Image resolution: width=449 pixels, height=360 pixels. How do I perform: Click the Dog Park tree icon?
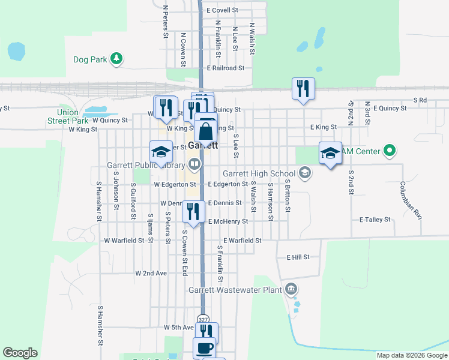point(116,59)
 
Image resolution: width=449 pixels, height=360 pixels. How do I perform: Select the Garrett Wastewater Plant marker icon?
point(292,289)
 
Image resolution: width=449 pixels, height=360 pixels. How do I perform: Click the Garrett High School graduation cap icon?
point(306,173)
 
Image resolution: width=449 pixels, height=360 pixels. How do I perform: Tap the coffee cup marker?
point(204,347)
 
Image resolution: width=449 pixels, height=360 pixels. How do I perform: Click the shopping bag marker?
point(205,131)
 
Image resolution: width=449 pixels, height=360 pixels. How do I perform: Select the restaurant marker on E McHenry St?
point(193,211)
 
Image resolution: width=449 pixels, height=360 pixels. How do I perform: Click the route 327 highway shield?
point(204,320)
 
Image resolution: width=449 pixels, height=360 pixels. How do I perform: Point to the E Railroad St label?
point(225,68)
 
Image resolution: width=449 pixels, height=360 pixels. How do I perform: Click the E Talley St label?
point(375,220)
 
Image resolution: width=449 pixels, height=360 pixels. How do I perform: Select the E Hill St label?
point(298,257)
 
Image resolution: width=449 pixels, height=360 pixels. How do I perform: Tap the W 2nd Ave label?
point(151,273)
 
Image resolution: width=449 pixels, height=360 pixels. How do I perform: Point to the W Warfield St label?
point(124,240)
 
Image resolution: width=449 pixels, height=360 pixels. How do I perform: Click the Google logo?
point(20,353)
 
